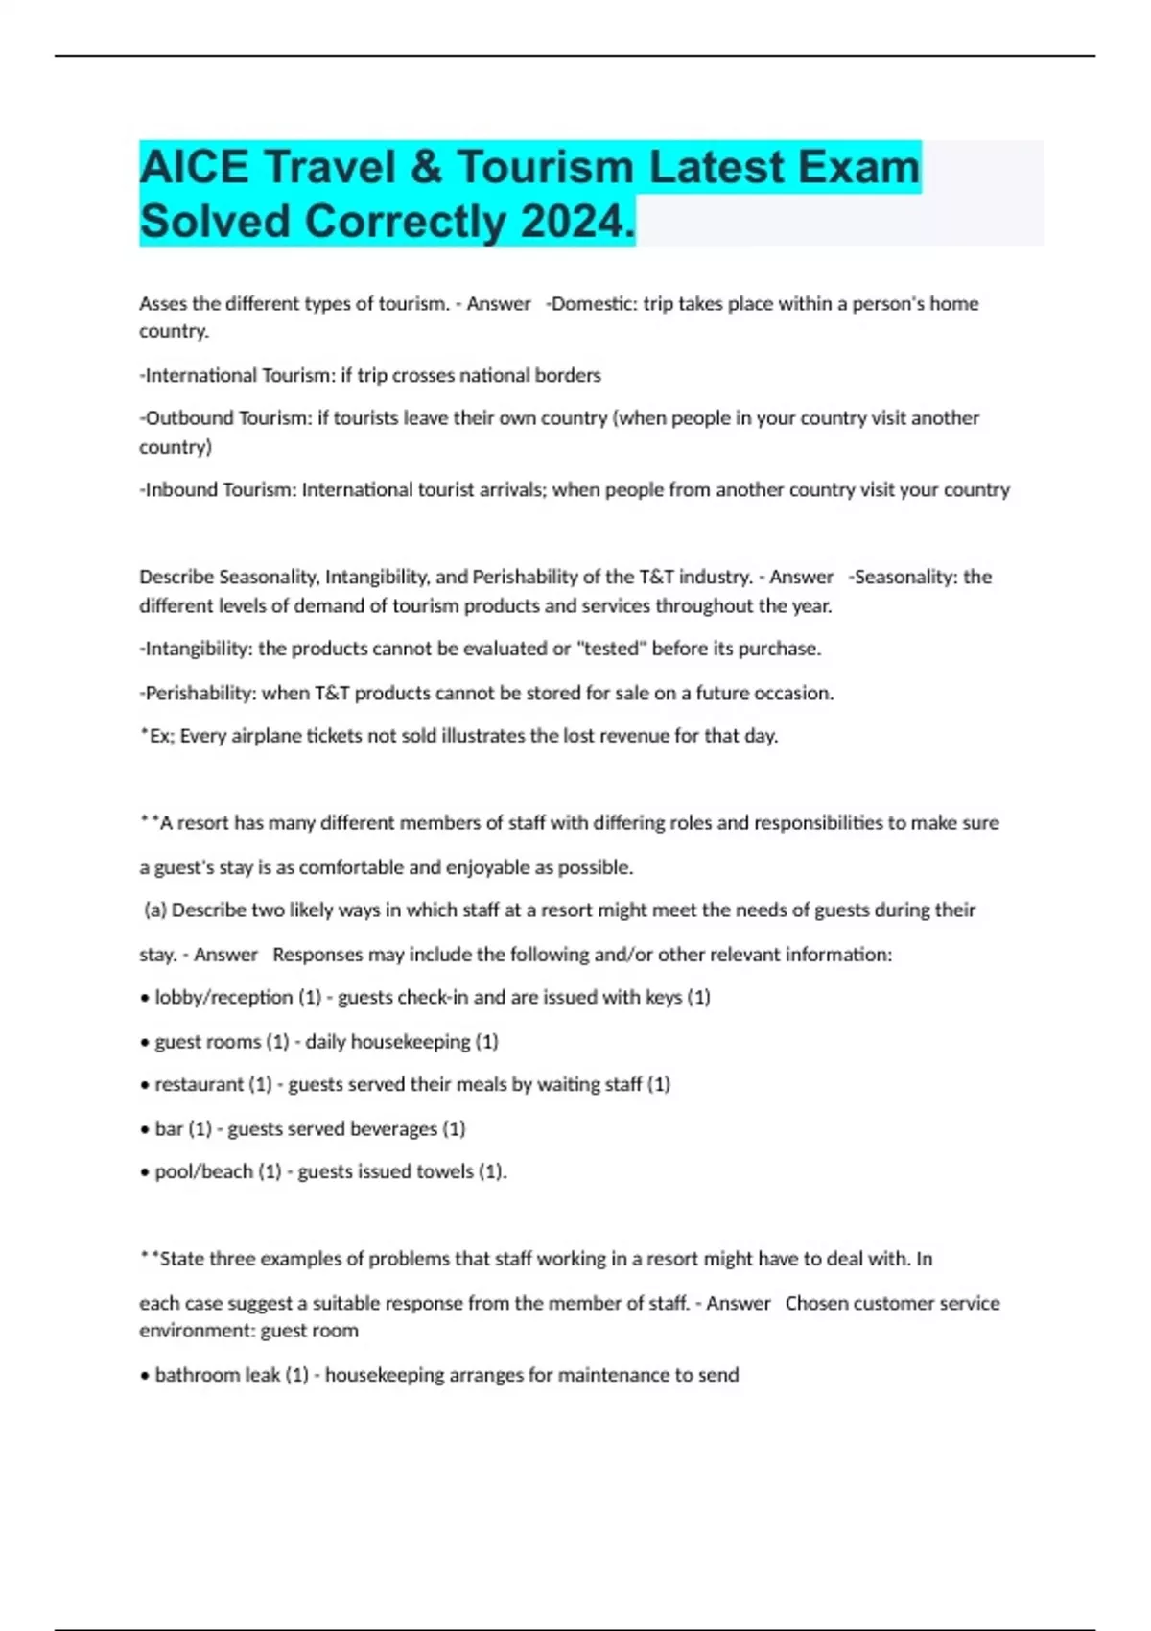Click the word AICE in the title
[194, 167]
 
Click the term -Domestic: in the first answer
[591, 304]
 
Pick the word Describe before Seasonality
[176, 578]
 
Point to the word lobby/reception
[223, 998]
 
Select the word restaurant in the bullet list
[200, 1085]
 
